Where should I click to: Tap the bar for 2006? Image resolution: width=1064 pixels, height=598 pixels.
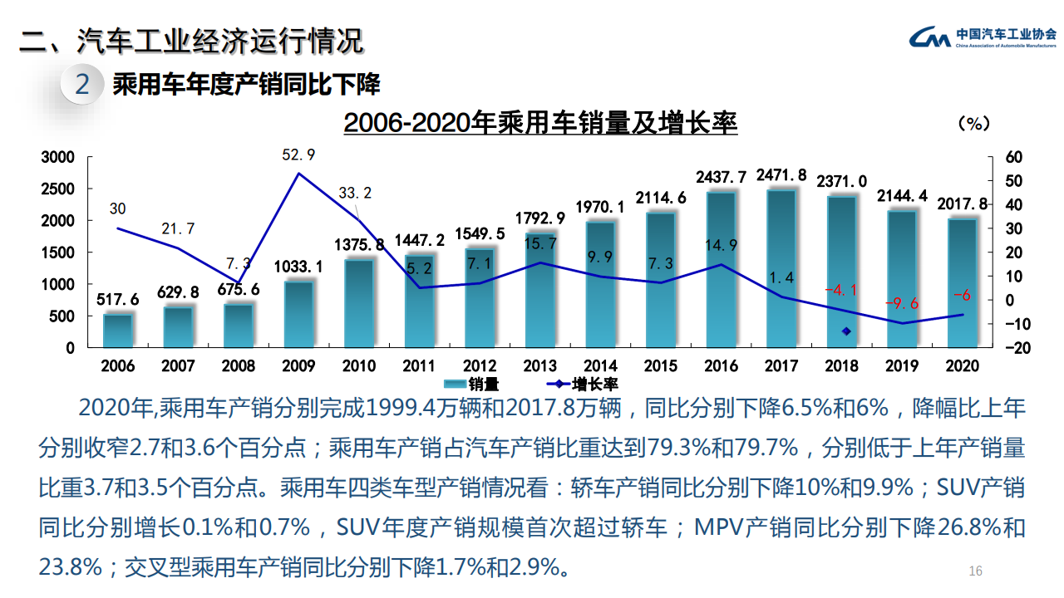[118, 331]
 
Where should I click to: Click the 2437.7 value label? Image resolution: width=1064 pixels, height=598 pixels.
[721, 176]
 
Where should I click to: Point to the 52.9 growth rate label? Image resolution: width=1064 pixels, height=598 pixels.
[298, 154]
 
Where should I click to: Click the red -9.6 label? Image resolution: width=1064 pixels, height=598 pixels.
[902, 303]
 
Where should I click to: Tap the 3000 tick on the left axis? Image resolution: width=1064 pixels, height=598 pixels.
[58, 157]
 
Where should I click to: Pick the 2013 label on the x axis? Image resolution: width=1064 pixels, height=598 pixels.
[539, 365]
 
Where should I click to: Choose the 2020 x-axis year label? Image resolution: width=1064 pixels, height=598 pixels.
[962, 365]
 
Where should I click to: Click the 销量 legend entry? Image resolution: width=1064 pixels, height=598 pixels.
[471, 384]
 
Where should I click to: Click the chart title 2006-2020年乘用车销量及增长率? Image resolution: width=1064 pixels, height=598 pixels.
[540, 124]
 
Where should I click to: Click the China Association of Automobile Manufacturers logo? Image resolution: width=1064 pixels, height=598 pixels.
[982, 37]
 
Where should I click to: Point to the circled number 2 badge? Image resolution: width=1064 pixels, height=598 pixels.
[82, 84]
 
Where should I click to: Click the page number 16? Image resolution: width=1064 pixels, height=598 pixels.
[976, 571]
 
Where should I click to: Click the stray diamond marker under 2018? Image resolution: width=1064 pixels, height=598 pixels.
[846, 331]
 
